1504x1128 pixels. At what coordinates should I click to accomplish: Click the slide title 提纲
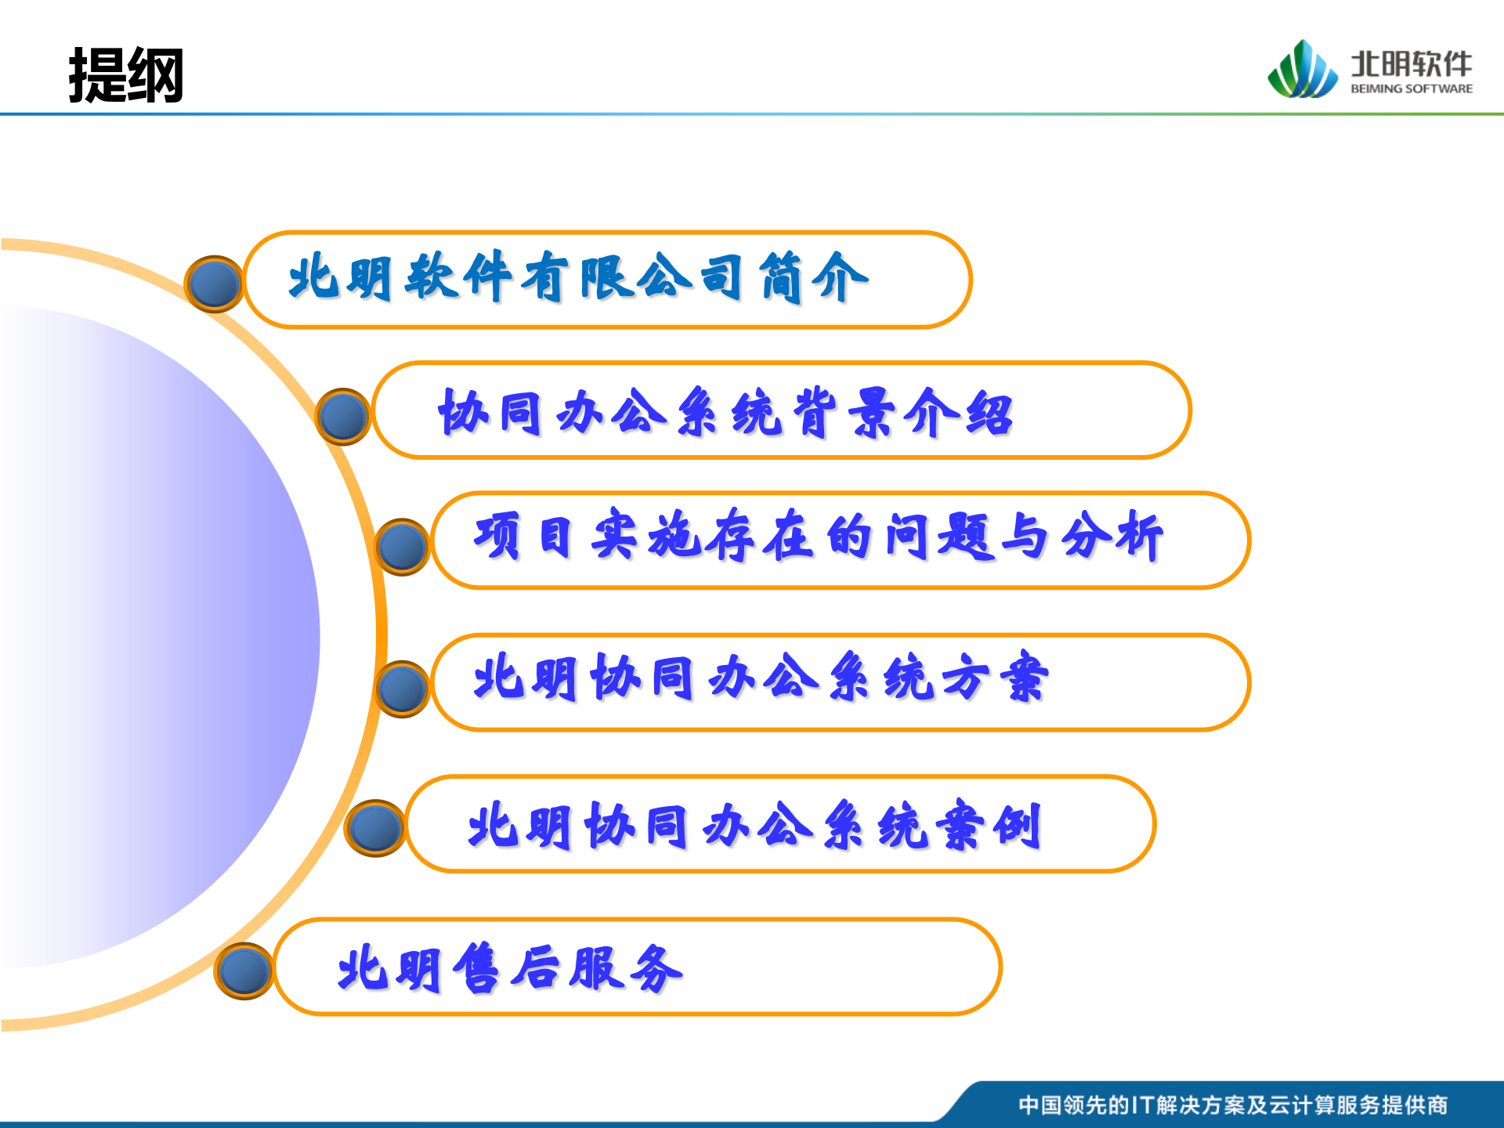tap(126, 75)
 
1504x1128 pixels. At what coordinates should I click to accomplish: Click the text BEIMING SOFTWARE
tap(1411, 89)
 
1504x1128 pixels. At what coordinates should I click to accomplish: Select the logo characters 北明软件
tap(1411, 63)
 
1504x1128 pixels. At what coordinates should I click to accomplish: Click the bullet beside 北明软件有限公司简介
tap(214, 284)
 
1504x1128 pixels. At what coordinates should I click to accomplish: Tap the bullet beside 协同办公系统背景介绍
tap(343, 416)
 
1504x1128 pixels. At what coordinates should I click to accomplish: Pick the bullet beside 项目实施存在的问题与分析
tap(402, 547)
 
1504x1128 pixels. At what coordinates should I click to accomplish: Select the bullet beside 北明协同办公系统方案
tap(402, 689)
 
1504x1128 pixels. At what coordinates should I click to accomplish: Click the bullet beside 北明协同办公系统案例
tap(375, 828)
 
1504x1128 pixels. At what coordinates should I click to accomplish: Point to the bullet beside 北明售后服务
tap(244, 971)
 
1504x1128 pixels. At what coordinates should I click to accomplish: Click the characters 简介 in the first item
tap(815, 278)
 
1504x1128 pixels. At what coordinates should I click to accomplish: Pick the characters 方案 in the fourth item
tap(995, 678)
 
